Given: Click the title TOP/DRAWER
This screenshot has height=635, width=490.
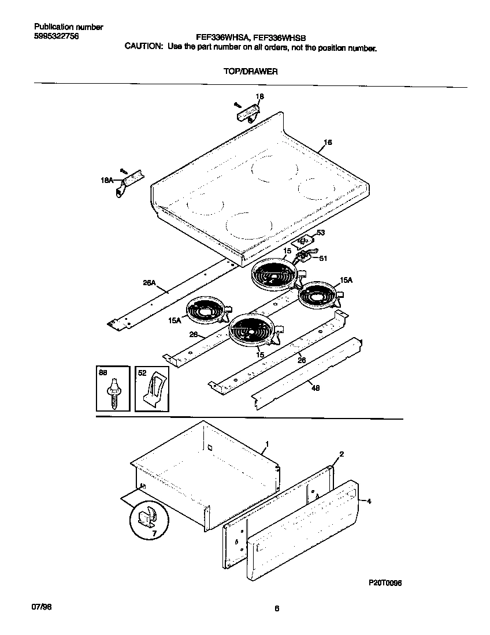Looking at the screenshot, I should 251,72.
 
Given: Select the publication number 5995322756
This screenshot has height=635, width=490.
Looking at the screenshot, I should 57,36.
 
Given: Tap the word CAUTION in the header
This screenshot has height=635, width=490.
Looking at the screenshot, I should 144,48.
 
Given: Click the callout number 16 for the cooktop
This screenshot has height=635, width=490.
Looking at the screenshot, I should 328,142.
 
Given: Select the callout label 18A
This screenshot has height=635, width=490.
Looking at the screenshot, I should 107,181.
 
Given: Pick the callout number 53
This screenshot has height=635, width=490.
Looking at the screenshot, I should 321,233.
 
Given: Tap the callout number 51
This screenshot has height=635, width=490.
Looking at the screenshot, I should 323,259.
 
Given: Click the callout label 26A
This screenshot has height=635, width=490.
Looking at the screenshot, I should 149,283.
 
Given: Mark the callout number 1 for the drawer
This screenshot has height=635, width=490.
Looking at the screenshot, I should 266,444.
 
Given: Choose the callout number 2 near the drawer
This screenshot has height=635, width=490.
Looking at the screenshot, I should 341,454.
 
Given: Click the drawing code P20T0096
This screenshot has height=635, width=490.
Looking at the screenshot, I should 385,583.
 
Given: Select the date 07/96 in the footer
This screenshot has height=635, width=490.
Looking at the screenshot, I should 40,608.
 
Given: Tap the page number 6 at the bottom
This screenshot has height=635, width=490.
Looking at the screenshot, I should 277,608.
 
